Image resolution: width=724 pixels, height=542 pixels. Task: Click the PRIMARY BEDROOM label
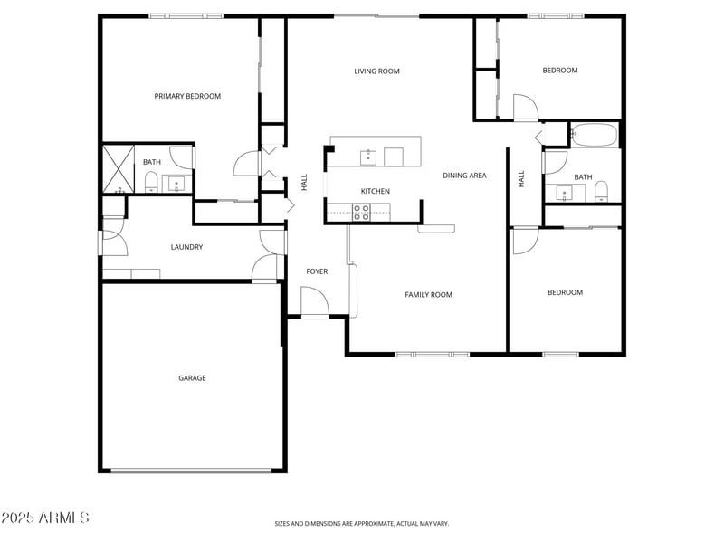(187, 96)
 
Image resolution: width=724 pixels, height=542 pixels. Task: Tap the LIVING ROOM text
(376, 71)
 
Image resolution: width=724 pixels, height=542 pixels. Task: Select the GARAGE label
(192, 378)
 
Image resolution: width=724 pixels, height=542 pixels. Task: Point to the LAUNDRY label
(186, 247)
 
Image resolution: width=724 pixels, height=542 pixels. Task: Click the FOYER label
(317, 271)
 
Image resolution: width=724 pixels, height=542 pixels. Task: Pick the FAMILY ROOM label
(428, 295)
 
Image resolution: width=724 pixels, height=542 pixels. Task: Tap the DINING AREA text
(464, 176)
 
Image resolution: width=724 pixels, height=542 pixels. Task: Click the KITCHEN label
(376, 192)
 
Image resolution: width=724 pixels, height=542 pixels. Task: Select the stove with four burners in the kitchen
(360, 213)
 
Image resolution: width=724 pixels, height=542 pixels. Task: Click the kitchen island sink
(368, 157)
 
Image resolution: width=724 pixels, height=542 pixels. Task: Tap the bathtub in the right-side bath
(595, 136)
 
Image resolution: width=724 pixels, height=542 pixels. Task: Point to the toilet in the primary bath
(152, 185)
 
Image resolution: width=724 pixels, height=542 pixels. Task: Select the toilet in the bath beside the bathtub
(601, 190)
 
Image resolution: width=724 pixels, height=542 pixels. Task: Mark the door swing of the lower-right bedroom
(525, 240)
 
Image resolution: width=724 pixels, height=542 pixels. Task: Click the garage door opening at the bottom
(191, 470)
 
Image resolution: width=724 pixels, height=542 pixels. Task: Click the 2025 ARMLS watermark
(45, 518)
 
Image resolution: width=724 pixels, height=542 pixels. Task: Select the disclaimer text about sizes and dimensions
(362, 523)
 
